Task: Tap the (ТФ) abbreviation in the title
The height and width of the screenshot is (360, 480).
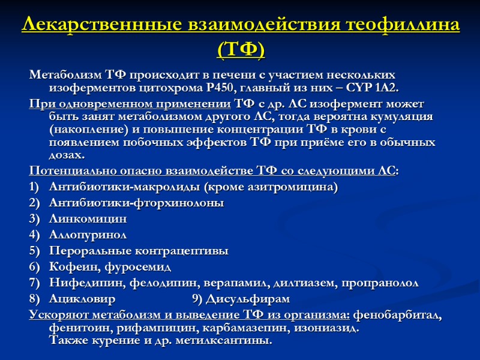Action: (240, 51)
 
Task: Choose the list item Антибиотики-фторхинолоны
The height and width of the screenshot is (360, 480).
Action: (136, 203)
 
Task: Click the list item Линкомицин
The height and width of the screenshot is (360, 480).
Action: (88, 219)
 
